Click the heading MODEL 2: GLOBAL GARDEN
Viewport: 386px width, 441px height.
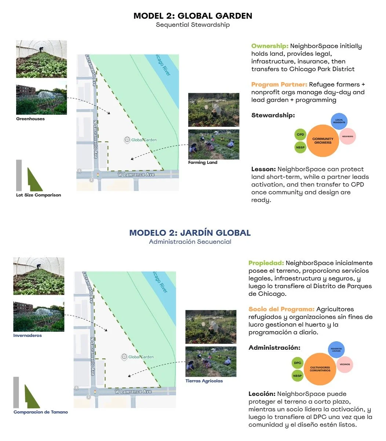pyautogui.click(x=193, y=16)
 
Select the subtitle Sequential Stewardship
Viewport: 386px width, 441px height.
pyautogui.click(x=193, y=25)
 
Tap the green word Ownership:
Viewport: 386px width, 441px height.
pyautogui.click(x=270, y=46)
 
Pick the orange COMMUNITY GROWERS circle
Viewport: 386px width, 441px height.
pyautogui.click(x=323, y=141)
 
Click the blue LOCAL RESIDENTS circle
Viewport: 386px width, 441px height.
pyautogui.click(x=339, y=121)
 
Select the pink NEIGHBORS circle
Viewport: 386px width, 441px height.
pyautogui.click(x=347, y=136)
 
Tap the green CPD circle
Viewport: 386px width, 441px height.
pyautogui.click(x=300, y=135)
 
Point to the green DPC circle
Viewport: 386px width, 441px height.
pyautogui.click(x=298, y=363)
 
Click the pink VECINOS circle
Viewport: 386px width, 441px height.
pyautogui.click(x=345, y=364)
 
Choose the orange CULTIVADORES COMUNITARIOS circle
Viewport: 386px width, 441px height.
pyautogui.click(x=320, y=369)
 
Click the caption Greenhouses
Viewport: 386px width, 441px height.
pyautogui.click(x=30, y=119)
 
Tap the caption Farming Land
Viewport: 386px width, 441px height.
pyautogui.click(x=203, y=162)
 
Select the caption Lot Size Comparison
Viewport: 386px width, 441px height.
pyautogui.click(x=39, y=195)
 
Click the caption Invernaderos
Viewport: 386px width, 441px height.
pyautogui.click(x=28, y=335)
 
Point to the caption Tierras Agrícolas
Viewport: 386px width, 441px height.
pyautogui.click(x=204, y=381)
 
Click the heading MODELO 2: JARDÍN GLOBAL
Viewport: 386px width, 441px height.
pyautogui.click(x=190, y=233)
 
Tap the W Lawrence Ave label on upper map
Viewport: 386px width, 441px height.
pyautogui.click(x=136, y=175)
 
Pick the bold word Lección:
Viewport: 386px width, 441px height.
pyautogui.click(x=262, y=394)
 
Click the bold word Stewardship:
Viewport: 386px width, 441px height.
pyautogui.click(x=273, y=115)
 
